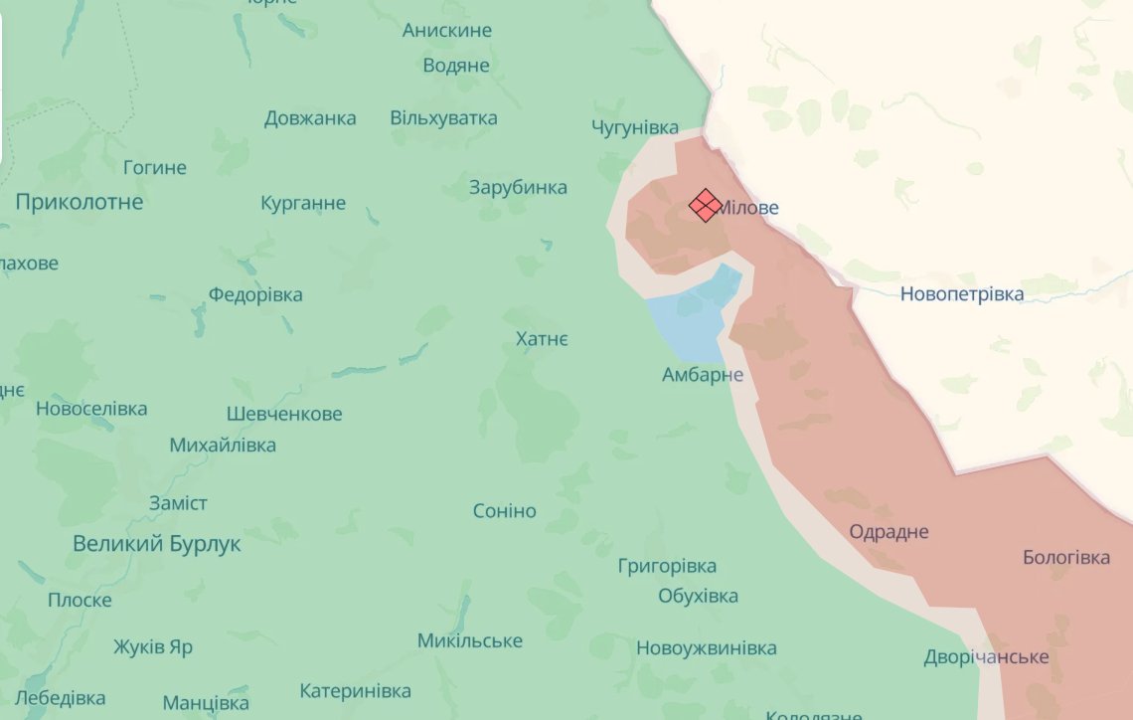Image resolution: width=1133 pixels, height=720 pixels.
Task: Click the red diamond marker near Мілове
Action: click(x=705, y=205)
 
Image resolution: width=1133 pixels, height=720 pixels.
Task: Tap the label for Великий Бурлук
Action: click(x=157, y=545)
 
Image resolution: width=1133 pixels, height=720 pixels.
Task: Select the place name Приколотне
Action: click(x=80, y=202)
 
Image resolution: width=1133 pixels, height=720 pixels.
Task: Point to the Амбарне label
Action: click(x=703, y=375)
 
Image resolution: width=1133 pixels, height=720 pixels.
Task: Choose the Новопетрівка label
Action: click(x=961, y=294)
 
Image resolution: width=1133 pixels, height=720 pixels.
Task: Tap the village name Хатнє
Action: click(x=542, y=340)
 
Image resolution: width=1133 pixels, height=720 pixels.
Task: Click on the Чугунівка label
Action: click(x=635, y=127)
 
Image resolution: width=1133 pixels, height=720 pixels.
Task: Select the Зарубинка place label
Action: click(x=518, y=188)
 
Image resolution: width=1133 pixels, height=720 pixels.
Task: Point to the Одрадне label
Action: click(x=889, y=532)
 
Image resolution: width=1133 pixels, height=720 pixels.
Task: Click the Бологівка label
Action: click(x=1066, y=558)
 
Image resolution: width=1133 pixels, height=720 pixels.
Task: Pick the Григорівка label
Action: click(x=667, y=566)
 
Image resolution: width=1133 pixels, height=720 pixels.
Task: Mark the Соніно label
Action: click(x=504, y=511)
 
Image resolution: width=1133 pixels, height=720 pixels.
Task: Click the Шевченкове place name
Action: click(x=284, y=414)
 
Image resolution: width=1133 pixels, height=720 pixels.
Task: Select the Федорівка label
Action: click(x=255, y=295)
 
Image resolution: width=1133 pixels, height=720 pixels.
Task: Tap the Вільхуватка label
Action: click(x=443, y=118)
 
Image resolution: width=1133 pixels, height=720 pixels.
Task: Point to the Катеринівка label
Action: click(x=355, y=691)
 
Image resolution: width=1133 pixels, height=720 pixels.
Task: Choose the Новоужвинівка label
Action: click(x=706, y=648)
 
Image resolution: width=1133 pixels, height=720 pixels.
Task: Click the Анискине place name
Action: click(x=446, y=31)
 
